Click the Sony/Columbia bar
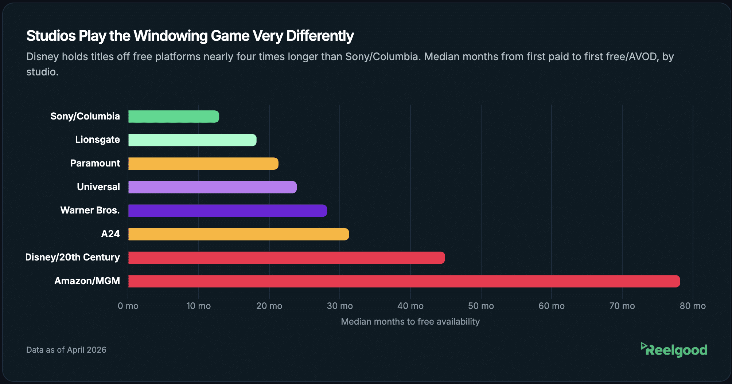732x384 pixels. coord(174,117)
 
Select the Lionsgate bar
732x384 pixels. coord(192,140)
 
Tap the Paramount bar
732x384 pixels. coord(203,164)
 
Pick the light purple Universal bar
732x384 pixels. coord(212,187)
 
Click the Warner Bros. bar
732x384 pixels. coord(227,211)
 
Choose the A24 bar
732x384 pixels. coord(238,234)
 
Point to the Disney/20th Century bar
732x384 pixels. coord(287,258)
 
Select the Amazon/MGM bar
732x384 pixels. coord(404,281)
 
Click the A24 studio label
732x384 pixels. coord(110,234)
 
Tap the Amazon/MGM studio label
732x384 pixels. coord(87,281)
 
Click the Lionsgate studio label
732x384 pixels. coord(97,140)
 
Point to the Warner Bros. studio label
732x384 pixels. coord(90,210)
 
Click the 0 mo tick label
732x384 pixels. coord(128,306)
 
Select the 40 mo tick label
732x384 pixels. coord(410,306)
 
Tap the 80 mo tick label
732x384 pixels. coord(693,306)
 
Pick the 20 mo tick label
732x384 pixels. coord(269,306)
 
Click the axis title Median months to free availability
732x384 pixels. coord(410,322)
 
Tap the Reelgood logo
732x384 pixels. coord(674,350)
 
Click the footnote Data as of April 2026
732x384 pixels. coord(66,350)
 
